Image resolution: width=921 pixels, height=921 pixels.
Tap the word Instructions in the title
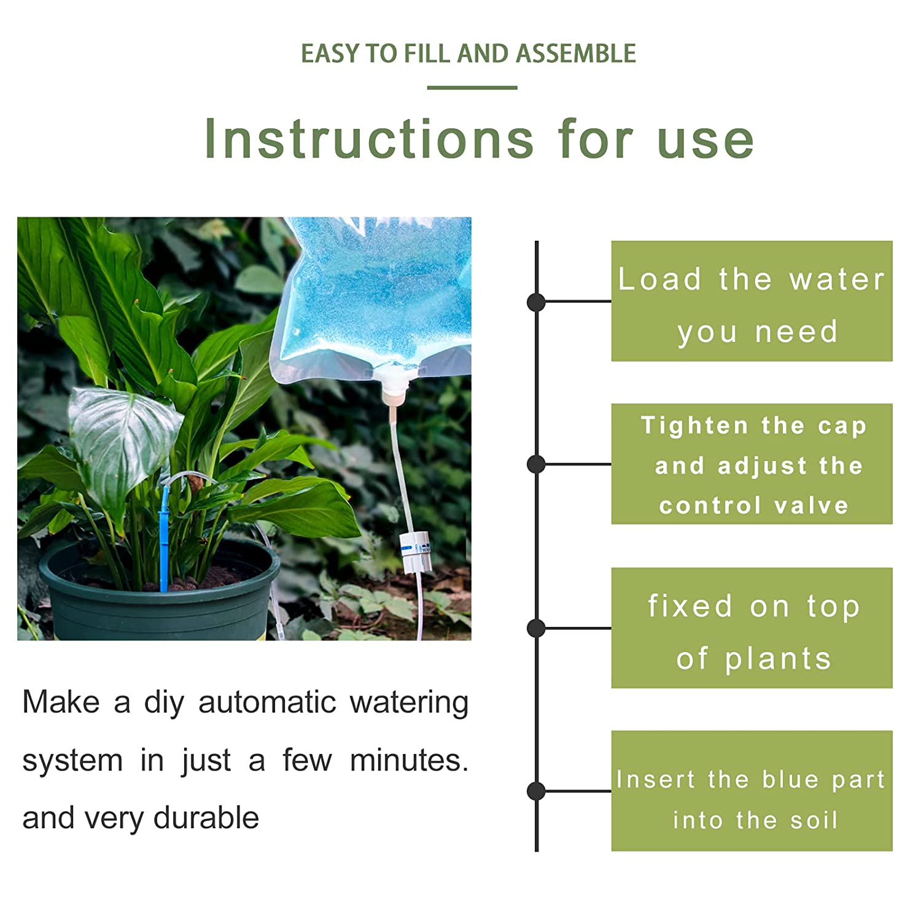[369, 139]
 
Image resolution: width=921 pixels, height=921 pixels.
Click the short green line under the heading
[472, 88]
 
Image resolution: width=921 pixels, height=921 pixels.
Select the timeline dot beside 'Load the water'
[536, 301]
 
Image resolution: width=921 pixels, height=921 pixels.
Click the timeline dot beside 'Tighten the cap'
[536, 464]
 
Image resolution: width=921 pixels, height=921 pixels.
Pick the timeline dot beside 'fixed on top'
[536, 628]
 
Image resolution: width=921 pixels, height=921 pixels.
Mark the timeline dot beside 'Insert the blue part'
[536, 791]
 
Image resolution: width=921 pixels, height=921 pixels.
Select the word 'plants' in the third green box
[778, 659]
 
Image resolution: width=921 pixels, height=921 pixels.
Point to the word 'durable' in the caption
[206, 818]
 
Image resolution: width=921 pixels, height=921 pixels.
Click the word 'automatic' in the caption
[267, 702]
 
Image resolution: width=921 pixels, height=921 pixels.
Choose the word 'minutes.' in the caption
[409, 760]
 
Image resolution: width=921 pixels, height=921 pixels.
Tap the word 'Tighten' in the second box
[694, 426]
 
